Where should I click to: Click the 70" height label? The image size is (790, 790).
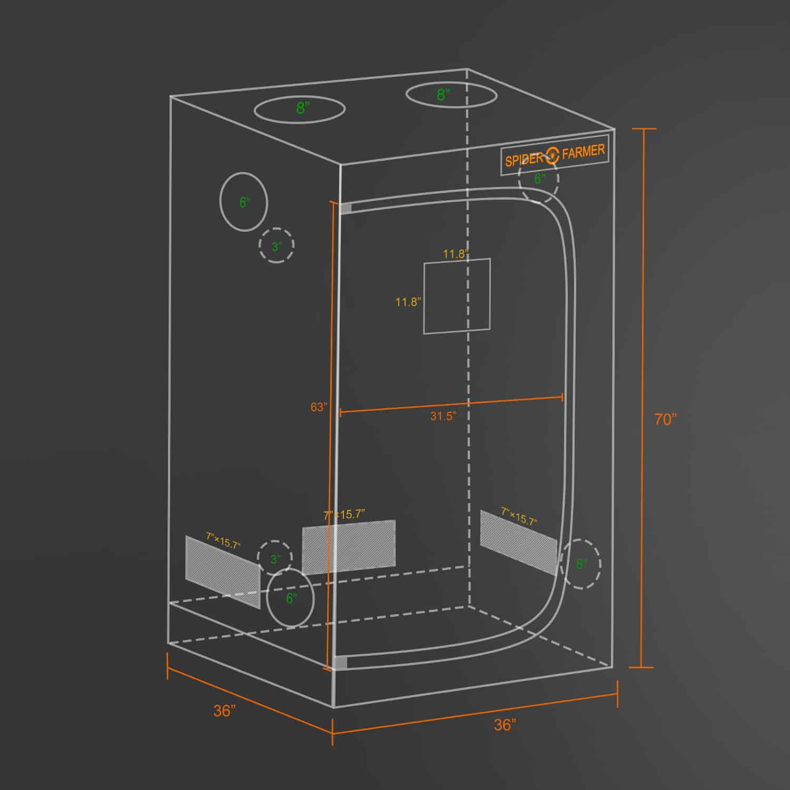tap(665, 420)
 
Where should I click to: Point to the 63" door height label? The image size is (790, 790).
tap(319, 407)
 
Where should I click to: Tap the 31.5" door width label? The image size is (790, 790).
tap(443, 416)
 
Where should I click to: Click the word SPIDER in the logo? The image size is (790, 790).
tap(524, 159)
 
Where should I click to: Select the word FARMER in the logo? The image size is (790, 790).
tap(583, 152)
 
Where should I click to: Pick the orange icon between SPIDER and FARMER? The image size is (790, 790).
tap(552, 155)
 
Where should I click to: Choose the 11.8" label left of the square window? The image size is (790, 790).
tap(408, 302)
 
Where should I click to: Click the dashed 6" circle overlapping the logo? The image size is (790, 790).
tap(538, 179)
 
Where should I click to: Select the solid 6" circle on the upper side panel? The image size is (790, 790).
tap(244, 202)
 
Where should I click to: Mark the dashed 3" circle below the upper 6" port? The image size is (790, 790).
tap(276, 245)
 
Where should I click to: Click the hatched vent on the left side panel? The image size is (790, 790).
tap(223, 570)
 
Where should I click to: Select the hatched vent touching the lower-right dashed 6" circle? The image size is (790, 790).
tap(518, 541)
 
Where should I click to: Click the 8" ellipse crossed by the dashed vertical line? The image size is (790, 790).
tap(451, 95)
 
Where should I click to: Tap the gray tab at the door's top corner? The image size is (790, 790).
tap(346, 208)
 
